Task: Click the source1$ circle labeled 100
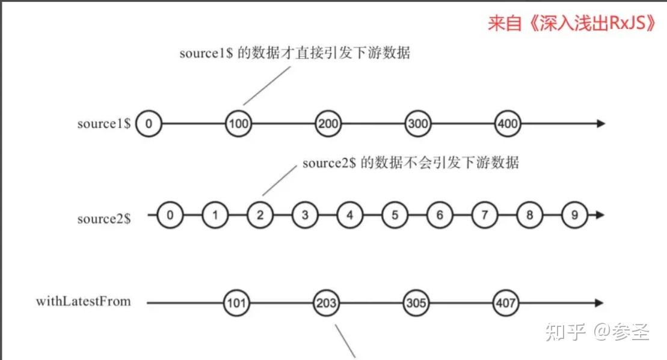(x=238, y=124)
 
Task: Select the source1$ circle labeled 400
(x=506, y=124)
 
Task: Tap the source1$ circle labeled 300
(x=417, y=124)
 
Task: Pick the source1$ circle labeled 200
(x=328, y=124)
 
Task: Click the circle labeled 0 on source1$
(x=149, y=124)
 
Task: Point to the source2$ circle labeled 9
(x=574, y=215)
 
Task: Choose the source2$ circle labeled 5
(x=395, y=215)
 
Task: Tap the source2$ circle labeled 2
(x=260, y=215)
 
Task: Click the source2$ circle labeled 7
(x=484, y=215)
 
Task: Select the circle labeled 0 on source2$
(x=170, y=215)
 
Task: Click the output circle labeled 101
(x=236, y=303)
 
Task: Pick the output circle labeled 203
(x=326, y=303)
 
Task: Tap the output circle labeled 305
(x=416, y=303)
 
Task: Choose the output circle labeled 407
(x=505, y=303)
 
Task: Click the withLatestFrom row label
(x=83, y=301)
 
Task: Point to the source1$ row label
(x=104, y=124)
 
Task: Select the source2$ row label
(x=104, y=219)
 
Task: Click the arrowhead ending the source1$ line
(x=600, y=124)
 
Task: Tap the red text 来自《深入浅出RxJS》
(x=571, y=23)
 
